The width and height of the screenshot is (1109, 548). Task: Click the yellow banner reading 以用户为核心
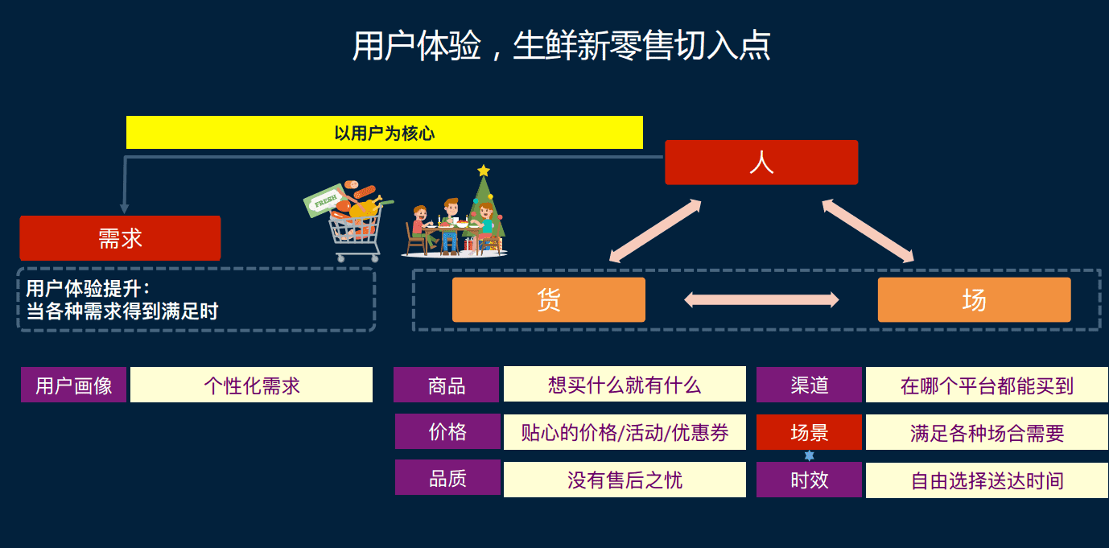385,133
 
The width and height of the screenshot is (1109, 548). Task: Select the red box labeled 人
761,163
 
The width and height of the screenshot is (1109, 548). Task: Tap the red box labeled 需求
120,238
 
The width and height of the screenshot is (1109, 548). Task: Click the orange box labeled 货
549,299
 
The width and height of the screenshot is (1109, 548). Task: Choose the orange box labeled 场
975,299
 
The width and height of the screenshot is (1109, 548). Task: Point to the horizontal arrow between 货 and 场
761,299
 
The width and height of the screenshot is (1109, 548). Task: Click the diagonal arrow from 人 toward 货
655,231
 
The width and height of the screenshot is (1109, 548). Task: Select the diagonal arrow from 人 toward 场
868,231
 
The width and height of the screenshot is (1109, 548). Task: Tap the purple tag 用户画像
74,385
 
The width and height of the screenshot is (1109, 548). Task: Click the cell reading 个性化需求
252,385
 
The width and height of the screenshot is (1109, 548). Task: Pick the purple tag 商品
447,385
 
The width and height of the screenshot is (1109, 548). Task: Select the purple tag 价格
447,431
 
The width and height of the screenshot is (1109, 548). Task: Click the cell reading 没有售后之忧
625,479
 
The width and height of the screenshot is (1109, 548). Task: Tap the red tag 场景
809,432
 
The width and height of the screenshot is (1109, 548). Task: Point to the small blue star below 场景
809,455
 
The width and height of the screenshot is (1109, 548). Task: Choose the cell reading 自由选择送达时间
987,480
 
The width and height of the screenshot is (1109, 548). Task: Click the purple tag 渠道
809,385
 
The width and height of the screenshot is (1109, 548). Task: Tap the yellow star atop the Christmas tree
484,171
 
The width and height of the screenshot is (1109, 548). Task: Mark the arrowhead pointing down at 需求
124,208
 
